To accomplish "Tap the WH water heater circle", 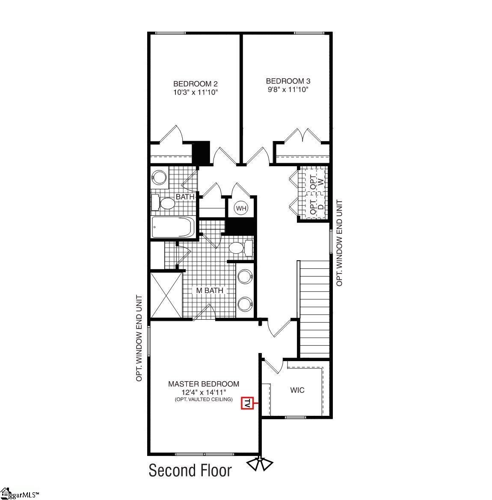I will [x=241, y=209].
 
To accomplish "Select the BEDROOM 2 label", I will [x=192, y=84].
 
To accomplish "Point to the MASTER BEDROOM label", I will [x=204, y=384].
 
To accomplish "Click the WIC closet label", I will [x=297, y=390].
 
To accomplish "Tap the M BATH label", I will [x=210, y=291].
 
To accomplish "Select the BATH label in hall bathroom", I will [x=185, y=197].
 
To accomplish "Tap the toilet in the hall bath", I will [x=164, y=203].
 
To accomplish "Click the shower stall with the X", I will [x=166, y=295].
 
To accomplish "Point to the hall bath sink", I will [x=160, y=178].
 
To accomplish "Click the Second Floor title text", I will [x=190, y=471].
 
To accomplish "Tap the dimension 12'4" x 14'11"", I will [x=204, y=392].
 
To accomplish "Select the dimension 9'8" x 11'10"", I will [x=288, y=89].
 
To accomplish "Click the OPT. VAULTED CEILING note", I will [x=204, y=399].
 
